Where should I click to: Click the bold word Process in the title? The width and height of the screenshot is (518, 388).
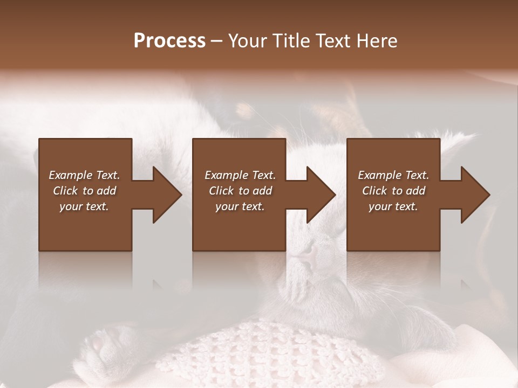pos(169,41)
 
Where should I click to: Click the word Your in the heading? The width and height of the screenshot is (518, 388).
pos(248,41)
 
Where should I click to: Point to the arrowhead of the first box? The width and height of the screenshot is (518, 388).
pos(167,195)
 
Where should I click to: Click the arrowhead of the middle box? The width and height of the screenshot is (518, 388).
pos(321,195)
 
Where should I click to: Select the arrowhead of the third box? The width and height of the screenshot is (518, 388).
pos(475,195)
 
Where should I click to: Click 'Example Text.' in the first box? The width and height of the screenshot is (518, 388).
pos(84,175)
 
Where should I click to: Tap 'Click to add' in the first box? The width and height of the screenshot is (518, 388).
pos(84,191)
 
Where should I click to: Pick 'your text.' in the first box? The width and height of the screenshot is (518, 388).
pos(84,206)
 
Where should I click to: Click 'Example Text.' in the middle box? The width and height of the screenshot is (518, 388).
pos(240,175)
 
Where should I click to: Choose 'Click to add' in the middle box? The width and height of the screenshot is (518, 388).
pos(240,191)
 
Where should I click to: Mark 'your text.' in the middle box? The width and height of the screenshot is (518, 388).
pos(240,206)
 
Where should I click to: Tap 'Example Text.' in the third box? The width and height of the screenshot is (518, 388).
pos(393,175)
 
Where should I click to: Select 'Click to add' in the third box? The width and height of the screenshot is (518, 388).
pos(393,191)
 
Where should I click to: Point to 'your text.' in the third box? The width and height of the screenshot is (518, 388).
pos(393,206)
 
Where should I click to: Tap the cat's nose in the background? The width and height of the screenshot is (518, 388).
pos(308,253)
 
